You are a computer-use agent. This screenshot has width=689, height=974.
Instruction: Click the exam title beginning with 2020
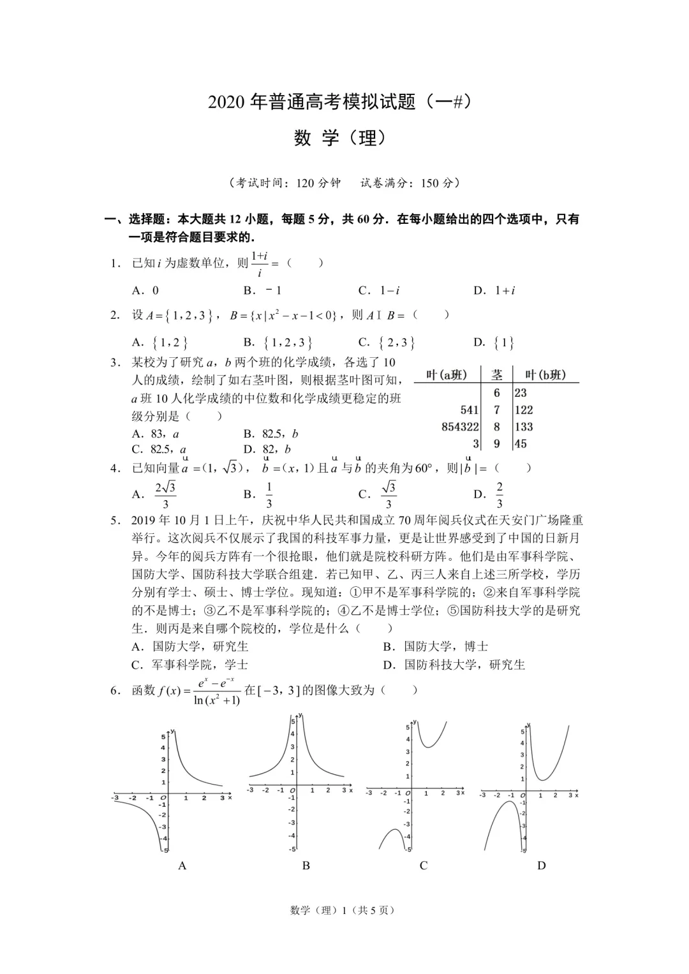(339, 102)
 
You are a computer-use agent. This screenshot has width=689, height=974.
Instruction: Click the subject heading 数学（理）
(340, 138)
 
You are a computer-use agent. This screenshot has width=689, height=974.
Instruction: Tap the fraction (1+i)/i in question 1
(260, 263)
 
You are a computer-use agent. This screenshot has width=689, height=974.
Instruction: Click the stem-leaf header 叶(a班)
(447, 375)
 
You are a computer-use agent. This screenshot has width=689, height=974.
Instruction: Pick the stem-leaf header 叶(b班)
(545, 375)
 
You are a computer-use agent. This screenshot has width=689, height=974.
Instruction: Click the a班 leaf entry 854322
(460, 427)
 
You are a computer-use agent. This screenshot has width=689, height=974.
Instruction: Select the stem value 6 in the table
(497, 393)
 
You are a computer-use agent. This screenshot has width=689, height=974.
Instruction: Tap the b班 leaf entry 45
(521, 444)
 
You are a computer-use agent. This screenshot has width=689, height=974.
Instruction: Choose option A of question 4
(156, 494)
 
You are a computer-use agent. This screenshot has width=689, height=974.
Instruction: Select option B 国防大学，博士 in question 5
(437, 647)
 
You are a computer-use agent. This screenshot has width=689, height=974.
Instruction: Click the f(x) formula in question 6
(199, 691)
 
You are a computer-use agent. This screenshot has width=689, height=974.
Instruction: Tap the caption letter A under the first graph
(182, 866)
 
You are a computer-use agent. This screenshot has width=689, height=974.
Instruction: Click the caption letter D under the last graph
(542, 866)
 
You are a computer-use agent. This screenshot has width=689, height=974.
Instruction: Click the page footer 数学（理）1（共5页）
(343, 910)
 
